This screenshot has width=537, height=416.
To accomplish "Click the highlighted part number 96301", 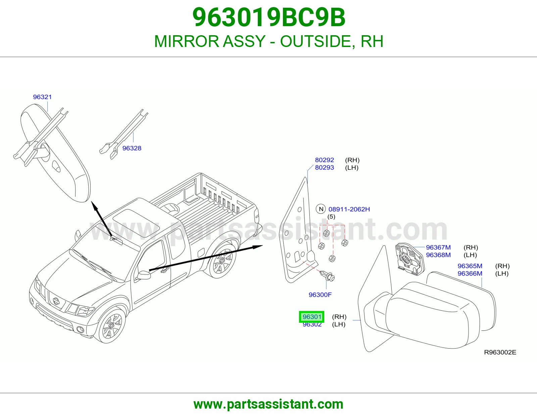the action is point(311,317).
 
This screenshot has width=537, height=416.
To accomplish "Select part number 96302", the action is point(312,325).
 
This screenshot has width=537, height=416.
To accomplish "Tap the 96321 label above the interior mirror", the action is point(42,97).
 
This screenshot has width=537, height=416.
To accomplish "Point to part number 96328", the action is point(132,148).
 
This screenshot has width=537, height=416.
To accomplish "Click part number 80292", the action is point(324,160).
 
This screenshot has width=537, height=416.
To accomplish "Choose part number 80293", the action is point(324,167).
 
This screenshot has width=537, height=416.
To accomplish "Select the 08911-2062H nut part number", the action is point(349,209).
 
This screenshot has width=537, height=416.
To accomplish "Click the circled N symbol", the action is point(321,209).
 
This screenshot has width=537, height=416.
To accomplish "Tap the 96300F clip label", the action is point(320,295).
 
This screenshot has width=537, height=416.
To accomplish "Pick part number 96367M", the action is point(438,248).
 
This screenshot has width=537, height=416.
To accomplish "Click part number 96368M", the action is point(438,255).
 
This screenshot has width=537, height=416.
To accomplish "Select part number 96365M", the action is point(470,266).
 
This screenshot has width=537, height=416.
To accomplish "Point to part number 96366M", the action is point(470,273).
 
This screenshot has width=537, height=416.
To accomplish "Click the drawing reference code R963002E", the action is point(500,353).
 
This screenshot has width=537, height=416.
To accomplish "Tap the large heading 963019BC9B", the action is point(268,17).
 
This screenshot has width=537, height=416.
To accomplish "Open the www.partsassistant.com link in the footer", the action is point(268,404).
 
